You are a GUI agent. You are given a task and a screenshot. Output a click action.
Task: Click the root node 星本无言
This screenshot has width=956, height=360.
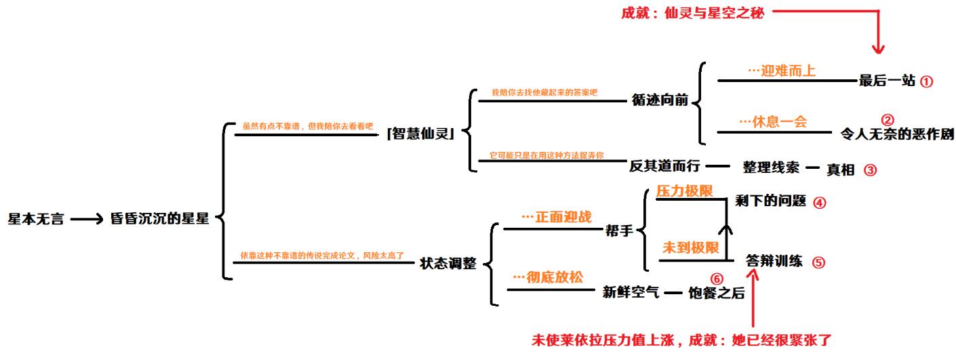36,219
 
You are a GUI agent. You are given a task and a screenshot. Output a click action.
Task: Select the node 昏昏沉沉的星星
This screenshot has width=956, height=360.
159,218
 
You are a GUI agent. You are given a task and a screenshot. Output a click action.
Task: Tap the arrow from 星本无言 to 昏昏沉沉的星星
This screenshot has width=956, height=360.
87,219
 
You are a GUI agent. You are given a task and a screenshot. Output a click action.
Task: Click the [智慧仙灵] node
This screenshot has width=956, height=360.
420,134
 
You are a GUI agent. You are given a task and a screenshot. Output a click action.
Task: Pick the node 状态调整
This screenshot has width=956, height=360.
448,263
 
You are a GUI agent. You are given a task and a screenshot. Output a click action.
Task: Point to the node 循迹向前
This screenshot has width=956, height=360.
660,100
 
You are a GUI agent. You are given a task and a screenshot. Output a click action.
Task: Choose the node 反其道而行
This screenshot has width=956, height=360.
664,166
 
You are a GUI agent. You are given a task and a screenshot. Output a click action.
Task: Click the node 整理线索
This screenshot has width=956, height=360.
771,167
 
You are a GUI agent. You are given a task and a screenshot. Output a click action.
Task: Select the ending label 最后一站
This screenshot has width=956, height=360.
887,80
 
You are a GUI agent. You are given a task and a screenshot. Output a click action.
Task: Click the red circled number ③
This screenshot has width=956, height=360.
870,170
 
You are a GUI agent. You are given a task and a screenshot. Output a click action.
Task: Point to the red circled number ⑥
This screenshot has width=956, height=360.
717,279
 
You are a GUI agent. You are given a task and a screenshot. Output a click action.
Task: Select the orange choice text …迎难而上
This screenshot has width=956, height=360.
782,71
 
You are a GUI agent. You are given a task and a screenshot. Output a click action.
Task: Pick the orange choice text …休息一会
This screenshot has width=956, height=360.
774,122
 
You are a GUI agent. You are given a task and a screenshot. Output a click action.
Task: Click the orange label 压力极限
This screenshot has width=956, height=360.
685,191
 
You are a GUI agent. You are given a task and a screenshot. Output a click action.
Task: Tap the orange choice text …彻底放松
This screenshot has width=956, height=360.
548,277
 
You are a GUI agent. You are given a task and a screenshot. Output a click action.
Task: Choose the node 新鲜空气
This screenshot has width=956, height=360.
631,292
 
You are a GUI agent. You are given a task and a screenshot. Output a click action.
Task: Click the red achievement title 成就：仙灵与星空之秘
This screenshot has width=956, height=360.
693,14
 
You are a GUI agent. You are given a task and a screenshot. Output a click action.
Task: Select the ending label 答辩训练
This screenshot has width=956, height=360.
774,260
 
